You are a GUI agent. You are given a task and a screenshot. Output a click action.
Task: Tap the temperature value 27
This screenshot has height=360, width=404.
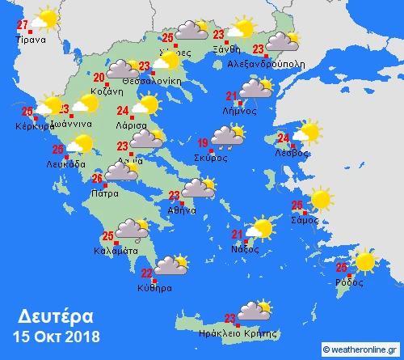[x=23, y=24]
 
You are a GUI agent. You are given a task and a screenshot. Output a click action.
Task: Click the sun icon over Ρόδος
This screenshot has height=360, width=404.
[x=365, y=261]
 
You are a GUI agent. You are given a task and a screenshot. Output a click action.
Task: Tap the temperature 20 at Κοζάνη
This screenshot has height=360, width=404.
[x=99, y=78]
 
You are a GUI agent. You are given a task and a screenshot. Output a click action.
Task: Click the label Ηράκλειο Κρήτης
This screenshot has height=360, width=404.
[x=243, y=332]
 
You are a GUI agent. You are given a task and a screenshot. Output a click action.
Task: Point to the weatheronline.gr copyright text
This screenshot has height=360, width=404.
[x=360, y=349]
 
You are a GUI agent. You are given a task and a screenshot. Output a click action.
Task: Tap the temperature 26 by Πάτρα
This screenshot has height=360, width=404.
[x=96, y=179]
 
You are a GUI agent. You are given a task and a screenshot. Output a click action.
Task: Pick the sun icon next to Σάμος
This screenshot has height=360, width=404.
[x=321, y=198]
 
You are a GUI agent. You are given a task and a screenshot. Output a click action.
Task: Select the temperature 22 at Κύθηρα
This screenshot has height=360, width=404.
[x=147, y=273]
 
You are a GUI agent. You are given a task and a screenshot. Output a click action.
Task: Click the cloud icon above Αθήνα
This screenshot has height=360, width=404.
[x=197, y=188]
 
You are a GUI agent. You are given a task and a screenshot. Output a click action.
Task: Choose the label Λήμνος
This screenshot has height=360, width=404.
[x=239, y=111]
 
